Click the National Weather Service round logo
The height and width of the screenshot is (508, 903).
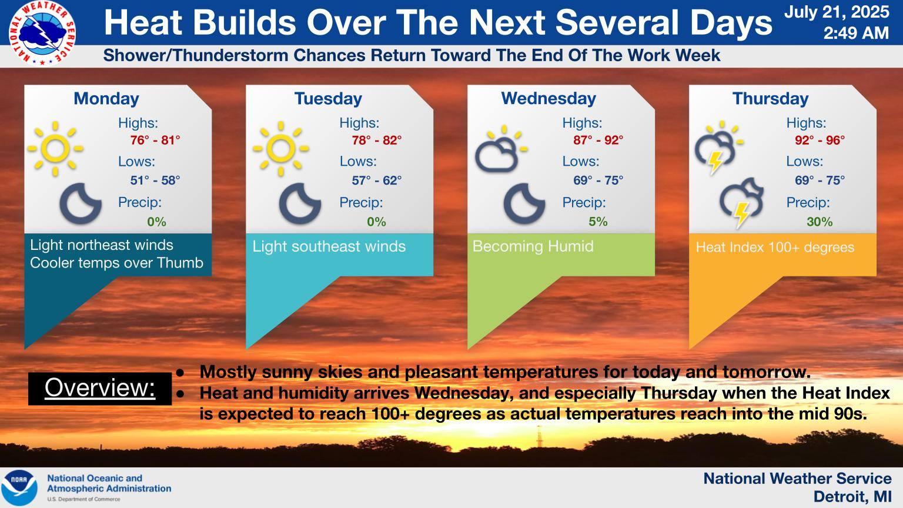click(x=42, y=33)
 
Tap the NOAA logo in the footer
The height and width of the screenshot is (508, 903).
click(x=19, y=487)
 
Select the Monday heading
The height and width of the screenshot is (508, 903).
click(x=106, y=99)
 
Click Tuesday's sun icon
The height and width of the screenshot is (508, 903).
click(x=280, y=148)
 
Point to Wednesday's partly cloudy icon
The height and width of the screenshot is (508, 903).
click(x=501, y=149)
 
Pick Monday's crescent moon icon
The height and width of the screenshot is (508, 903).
click(x=80, y=203)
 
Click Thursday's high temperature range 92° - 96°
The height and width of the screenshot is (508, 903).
click(x=820, y=141)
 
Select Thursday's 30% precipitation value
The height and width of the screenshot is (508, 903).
click(x=820, y=221)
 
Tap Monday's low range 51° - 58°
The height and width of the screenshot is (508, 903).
click(x=155, y=181)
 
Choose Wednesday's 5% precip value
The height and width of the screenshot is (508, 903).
click(x=598, y=221)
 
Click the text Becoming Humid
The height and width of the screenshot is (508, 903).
click(x=533, y=246)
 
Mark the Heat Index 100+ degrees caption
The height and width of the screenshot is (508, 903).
click(x=775, y=247)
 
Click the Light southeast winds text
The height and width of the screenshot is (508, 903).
click(x=329, y=246)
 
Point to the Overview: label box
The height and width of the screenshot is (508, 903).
click(x=100, y=389)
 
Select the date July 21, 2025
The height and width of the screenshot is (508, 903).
click(x=837, y=12)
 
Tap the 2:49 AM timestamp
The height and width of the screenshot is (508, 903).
click(x=856, y=33)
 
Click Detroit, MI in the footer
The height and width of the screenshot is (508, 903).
click(x=852, y=497)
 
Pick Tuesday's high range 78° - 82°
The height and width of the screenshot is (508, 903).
click(x=376, y=141)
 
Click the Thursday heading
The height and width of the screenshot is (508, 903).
click(x=770, y=99)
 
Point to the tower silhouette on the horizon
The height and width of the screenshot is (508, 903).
click(x=539, y=436)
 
